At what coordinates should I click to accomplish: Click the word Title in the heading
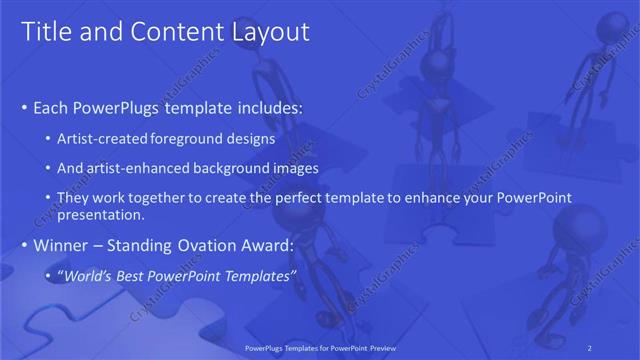[x=44, y=32]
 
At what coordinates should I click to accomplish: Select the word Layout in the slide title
[x=271, y=32]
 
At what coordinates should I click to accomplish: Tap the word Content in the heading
[x=165, y=32]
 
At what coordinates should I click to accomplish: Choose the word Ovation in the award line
[x=207, y=245]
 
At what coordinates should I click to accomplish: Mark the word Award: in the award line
[x=265, y=245]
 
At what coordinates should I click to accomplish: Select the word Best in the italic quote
[x=140, y=275]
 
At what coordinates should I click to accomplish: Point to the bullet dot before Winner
[x=25, y=245]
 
